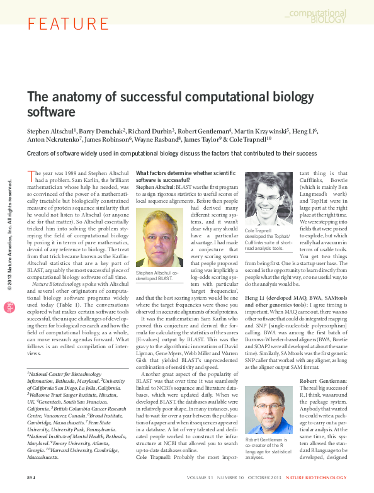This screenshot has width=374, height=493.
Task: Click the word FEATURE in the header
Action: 60,25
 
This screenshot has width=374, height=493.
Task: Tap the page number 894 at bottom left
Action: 31,479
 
